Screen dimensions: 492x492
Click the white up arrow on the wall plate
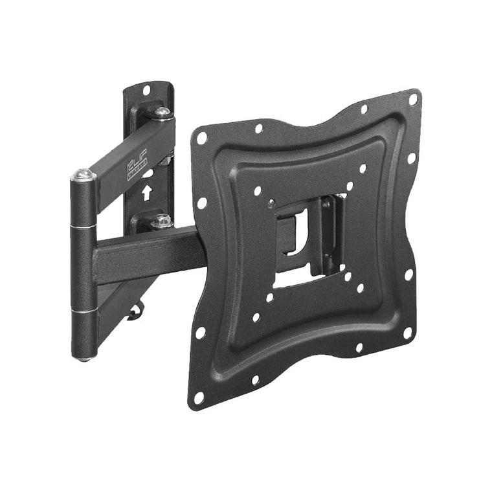coord(147,192)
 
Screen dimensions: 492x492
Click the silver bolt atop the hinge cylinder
coord(83,175)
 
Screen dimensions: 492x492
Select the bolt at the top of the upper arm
coord(162,114)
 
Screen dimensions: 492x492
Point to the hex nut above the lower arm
coord(161,222)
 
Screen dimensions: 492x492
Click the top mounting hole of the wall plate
coord(146,89)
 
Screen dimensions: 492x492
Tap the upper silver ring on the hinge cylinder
coord(84,227)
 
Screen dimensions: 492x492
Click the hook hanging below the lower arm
coord(135,313)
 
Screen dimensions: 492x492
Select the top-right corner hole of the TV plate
coord(413,99)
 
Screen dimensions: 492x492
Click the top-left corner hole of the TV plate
coord(201,138)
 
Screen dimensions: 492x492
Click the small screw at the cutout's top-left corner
coord(271,204)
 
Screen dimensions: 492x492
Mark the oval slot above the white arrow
coord(147,173)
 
